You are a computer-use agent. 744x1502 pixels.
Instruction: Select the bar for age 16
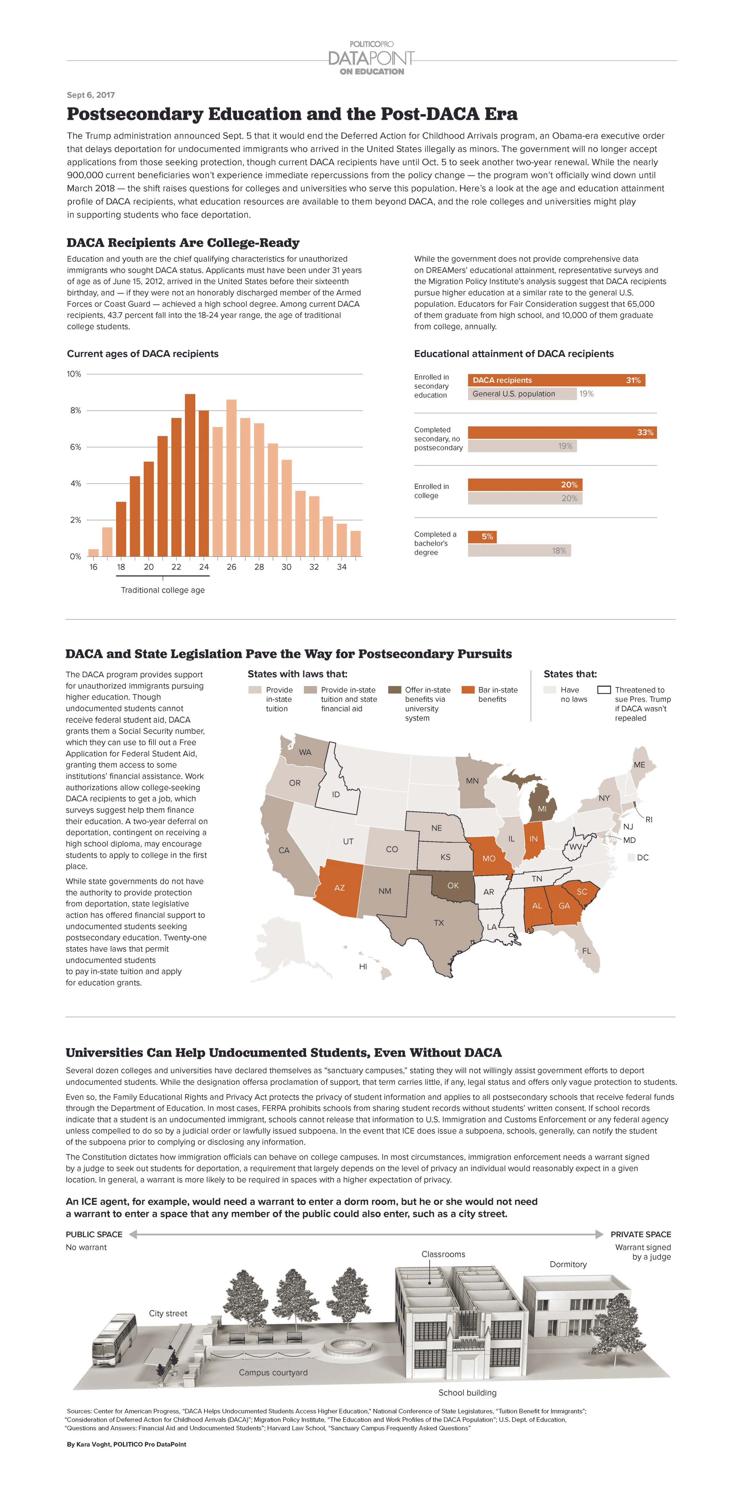[x=93, y=552]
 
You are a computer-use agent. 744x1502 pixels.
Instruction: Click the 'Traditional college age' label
[x=163, y=590]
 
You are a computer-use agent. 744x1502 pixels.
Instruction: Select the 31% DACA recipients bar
[x=556, y=380]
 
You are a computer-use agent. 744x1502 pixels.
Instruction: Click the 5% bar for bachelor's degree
[x=482, y=537]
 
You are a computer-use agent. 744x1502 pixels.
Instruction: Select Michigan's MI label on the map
[x=542, y=809]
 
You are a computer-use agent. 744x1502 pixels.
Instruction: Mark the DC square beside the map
[x=631, y=858]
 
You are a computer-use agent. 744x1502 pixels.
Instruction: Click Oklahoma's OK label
[x=453, y=885]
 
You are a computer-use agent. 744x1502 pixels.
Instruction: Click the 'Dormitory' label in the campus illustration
[x=568, y=1264]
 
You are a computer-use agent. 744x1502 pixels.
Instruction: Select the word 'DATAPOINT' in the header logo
[x=371, y=58]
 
